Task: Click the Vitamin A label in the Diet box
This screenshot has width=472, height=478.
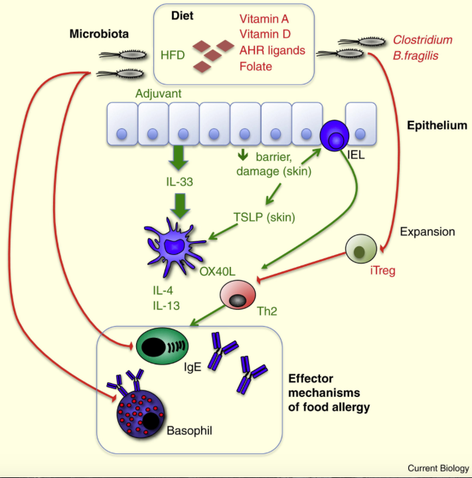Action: coord(264,19)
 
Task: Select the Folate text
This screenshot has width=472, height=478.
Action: coord(256,66)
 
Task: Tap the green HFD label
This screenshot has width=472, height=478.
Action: coord(173,55)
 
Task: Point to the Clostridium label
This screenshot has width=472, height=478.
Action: coord(422,40)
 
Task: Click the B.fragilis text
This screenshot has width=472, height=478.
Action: coord(416,56)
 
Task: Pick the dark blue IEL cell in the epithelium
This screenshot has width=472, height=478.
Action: coord(334,135)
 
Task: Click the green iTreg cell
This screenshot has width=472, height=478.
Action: coord(361,249)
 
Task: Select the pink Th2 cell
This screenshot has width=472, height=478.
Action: coord(238,295)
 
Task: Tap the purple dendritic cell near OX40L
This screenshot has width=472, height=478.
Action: coord(174,247)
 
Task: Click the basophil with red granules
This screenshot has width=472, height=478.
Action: coord(140,414)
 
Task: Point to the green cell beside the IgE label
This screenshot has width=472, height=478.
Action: coord(162,346)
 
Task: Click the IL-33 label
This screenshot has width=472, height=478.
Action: coord(180,182)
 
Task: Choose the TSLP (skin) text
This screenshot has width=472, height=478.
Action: coord(264,217)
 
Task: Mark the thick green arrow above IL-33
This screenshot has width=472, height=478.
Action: coord(179,157)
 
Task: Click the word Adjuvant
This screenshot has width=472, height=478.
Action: coord(158,94)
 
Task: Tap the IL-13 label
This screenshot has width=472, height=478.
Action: coord(167,305)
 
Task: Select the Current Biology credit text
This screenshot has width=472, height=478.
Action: coord(438,468)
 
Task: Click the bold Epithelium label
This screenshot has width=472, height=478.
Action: coord(437,125)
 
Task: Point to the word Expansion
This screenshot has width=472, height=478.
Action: coord(428,232)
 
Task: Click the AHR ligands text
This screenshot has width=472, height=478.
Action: coord(272,50)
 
